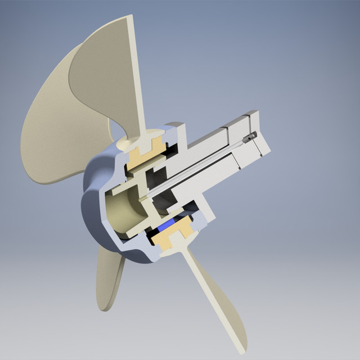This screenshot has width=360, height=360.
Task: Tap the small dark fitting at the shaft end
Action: [250, 136]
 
